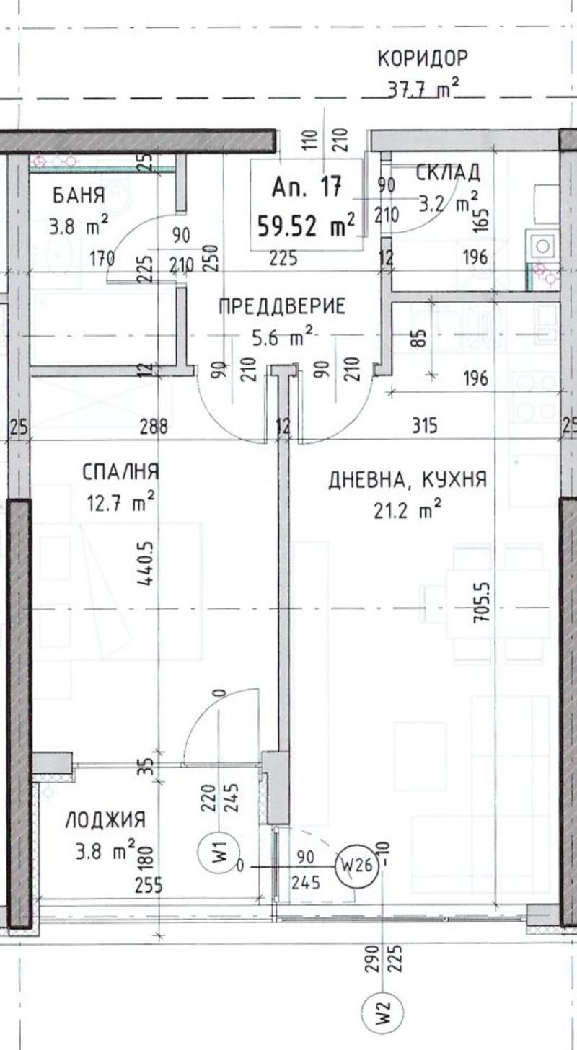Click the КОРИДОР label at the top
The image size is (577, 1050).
click(x=423, y=58)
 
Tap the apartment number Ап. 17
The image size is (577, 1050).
click(x=307, y=187)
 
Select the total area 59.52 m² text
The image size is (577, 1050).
click(x=307, y=227)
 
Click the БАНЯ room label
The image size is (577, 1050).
click(x=79, y=195)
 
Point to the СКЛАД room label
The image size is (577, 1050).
click(x=448, y=172)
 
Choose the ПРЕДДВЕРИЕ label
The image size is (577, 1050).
click(x=282, y=306)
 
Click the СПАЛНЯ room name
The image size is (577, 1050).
click(x=120, y=471)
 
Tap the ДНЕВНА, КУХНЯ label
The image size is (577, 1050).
click(x=408, y=480)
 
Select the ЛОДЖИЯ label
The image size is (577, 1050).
click(x=105, y=819)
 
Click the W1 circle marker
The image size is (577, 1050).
click(x=219, y=851)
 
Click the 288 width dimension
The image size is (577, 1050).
click(x=154, y=427)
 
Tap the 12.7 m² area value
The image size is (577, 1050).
click(x=120, y=502)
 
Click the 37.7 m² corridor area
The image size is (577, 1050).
click(x=423, y=89)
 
